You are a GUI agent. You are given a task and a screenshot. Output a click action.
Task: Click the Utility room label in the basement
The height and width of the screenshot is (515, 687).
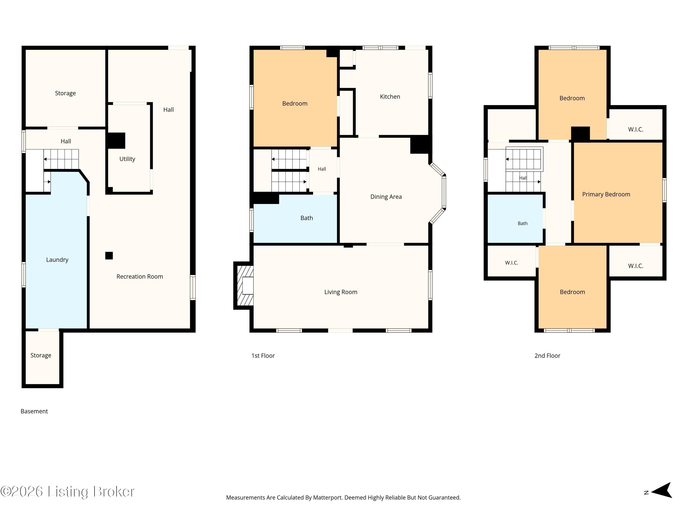pos(127,159)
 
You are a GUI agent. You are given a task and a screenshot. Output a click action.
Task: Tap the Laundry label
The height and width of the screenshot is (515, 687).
pos(57,260)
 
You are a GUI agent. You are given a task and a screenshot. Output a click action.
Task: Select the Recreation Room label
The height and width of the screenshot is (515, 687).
pos(140,276)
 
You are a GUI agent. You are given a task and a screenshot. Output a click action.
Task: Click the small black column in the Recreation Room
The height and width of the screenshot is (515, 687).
pos(109,255)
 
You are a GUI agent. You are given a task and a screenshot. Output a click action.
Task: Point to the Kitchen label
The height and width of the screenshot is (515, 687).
pos(390,97)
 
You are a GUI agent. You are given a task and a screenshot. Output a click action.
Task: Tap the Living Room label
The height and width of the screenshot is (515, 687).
pos(341,292)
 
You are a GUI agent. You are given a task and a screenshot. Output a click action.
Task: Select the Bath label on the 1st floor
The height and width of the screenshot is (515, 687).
pos(307,218)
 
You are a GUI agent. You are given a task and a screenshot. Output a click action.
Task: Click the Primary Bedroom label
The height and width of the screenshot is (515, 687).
pos(606,195)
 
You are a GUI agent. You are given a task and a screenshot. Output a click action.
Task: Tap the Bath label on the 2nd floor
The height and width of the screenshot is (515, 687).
pos(523,223)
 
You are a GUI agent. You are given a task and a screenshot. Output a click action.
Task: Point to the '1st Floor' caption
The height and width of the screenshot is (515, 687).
pos(263,356)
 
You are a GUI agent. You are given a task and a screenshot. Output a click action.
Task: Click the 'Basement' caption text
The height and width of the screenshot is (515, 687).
pos(34,411)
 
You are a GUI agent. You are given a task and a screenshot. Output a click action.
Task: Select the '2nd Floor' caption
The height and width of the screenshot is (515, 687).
pos(547,356)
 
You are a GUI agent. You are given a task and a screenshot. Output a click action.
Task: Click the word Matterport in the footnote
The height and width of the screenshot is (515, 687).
pos(327,498)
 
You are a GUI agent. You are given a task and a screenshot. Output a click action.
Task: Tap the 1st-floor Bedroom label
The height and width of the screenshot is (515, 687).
pos(295,104)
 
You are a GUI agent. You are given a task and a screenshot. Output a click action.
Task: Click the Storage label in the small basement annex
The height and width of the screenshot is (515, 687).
pos(41,355)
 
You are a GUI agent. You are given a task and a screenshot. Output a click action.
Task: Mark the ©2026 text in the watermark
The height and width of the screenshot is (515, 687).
pos(22,491)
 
